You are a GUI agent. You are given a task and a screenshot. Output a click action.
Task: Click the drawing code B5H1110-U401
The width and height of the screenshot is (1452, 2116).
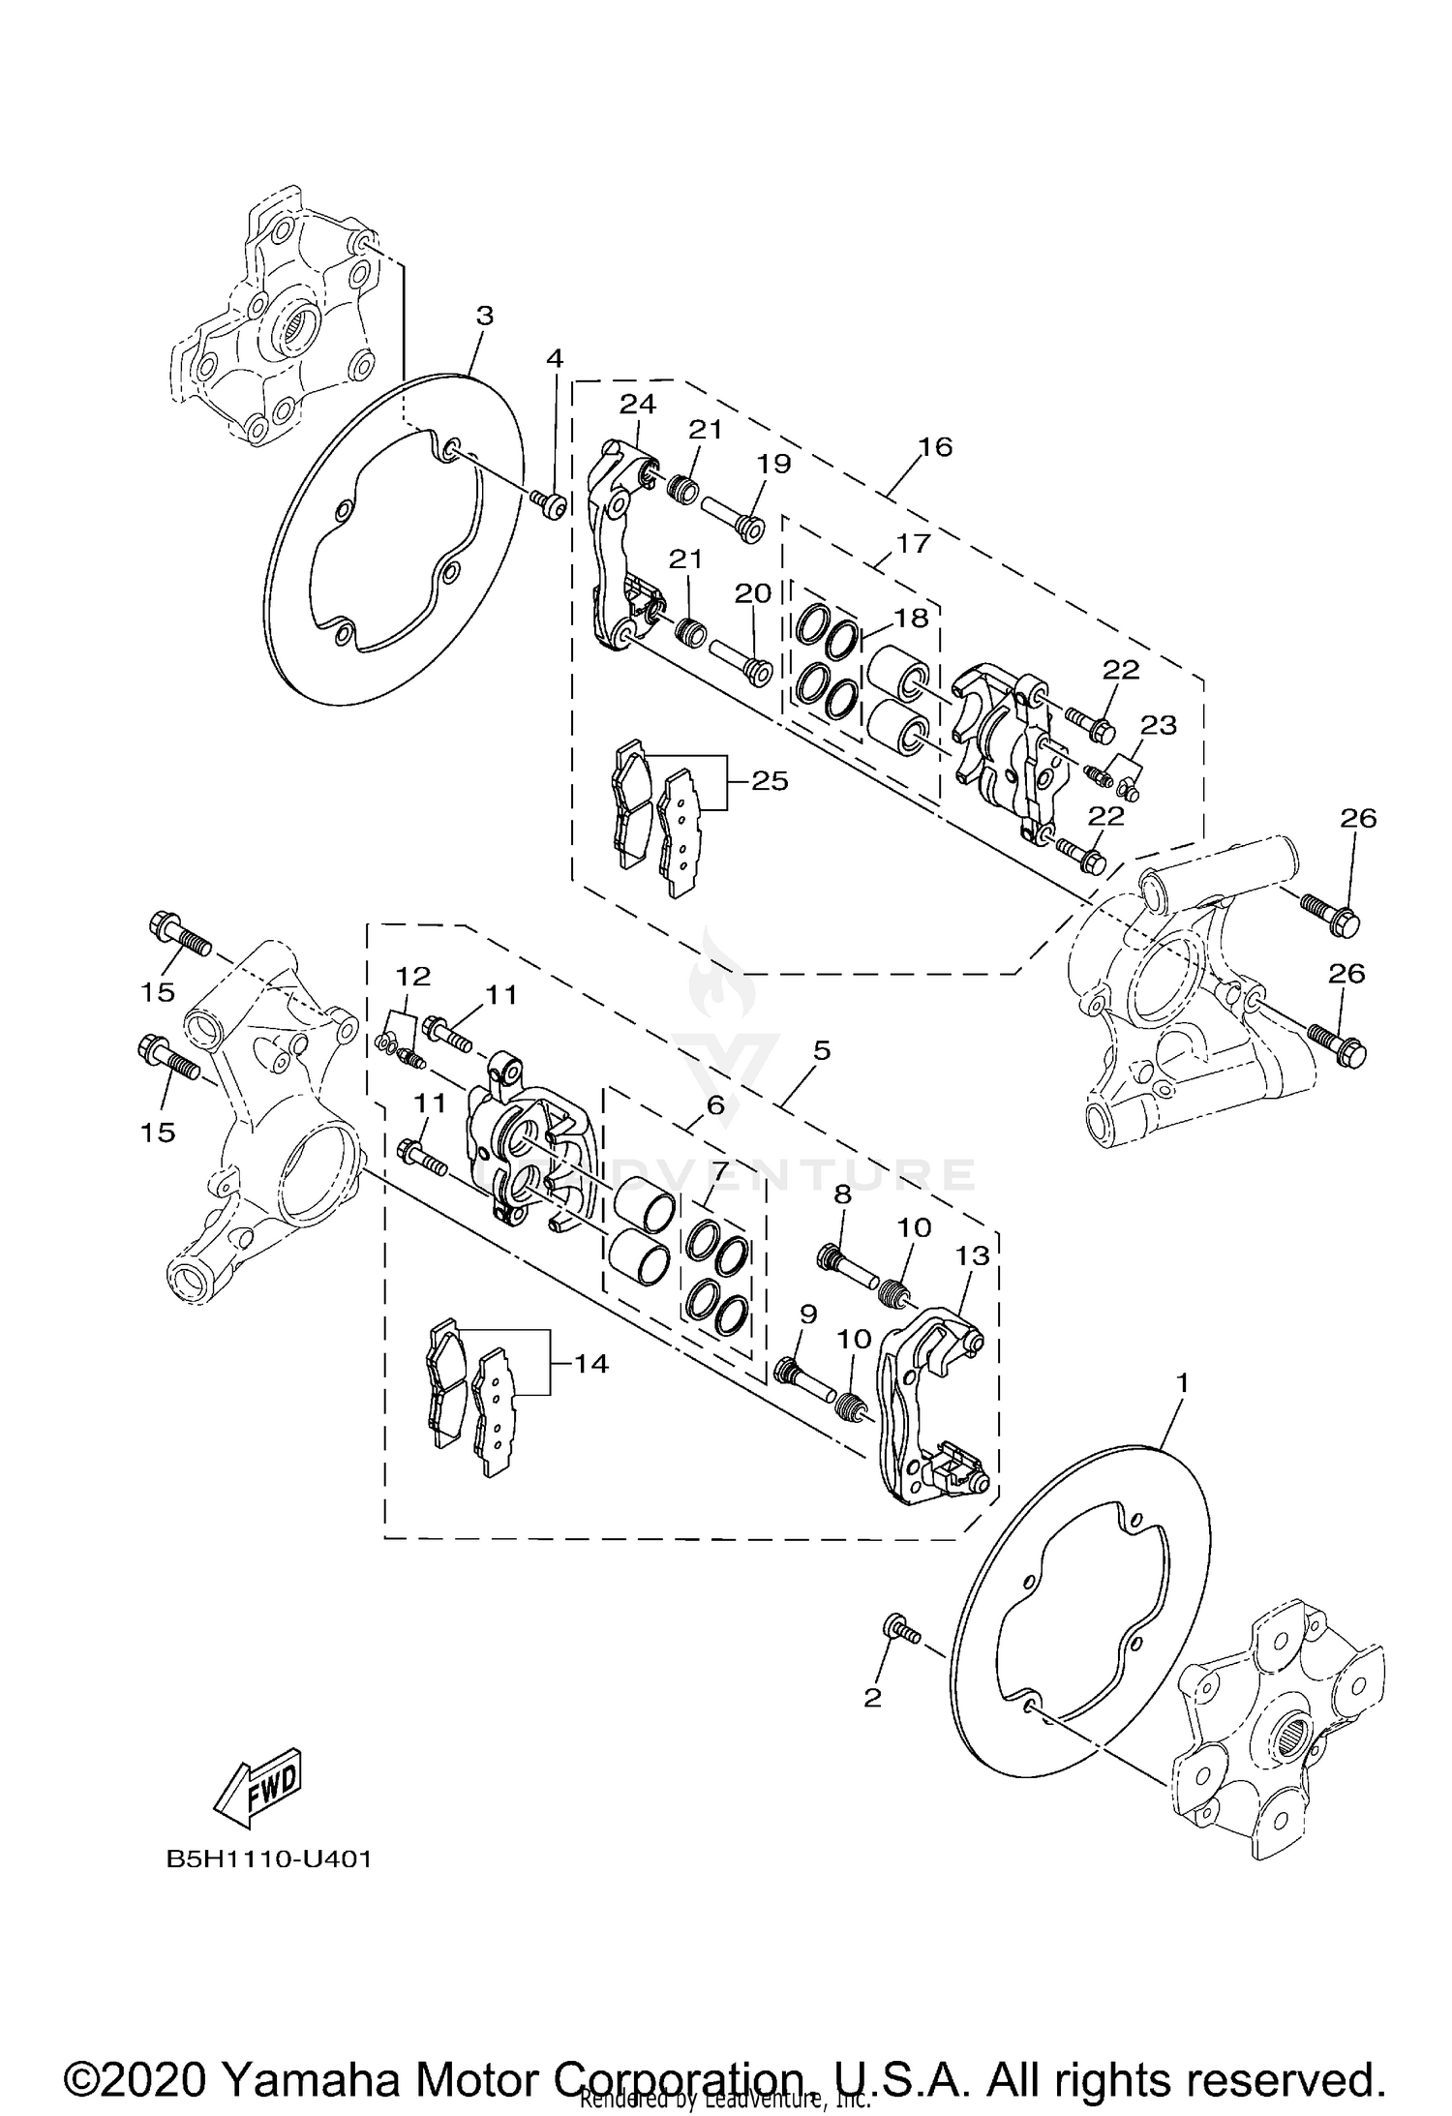click(269, 1859)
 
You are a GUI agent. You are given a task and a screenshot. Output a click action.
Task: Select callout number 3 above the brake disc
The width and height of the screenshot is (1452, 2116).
click(485, 316)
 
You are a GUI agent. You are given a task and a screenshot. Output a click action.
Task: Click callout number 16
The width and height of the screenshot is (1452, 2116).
click(936, 446)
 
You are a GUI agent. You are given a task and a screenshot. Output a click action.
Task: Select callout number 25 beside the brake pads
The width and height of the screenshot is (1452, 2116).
click(770, 780)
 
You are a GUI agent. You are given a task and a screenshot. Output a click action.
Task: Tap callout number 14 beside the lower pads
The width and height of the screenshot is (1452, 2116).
click(590, 1364)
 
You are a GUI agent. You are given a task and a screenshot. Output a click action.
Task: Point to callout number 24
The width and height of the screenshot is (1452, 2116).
click(637, 404)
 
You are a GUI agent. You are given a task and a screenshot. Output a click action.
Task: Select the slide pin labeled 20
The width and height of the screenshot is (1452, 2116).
click(738, 659)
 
